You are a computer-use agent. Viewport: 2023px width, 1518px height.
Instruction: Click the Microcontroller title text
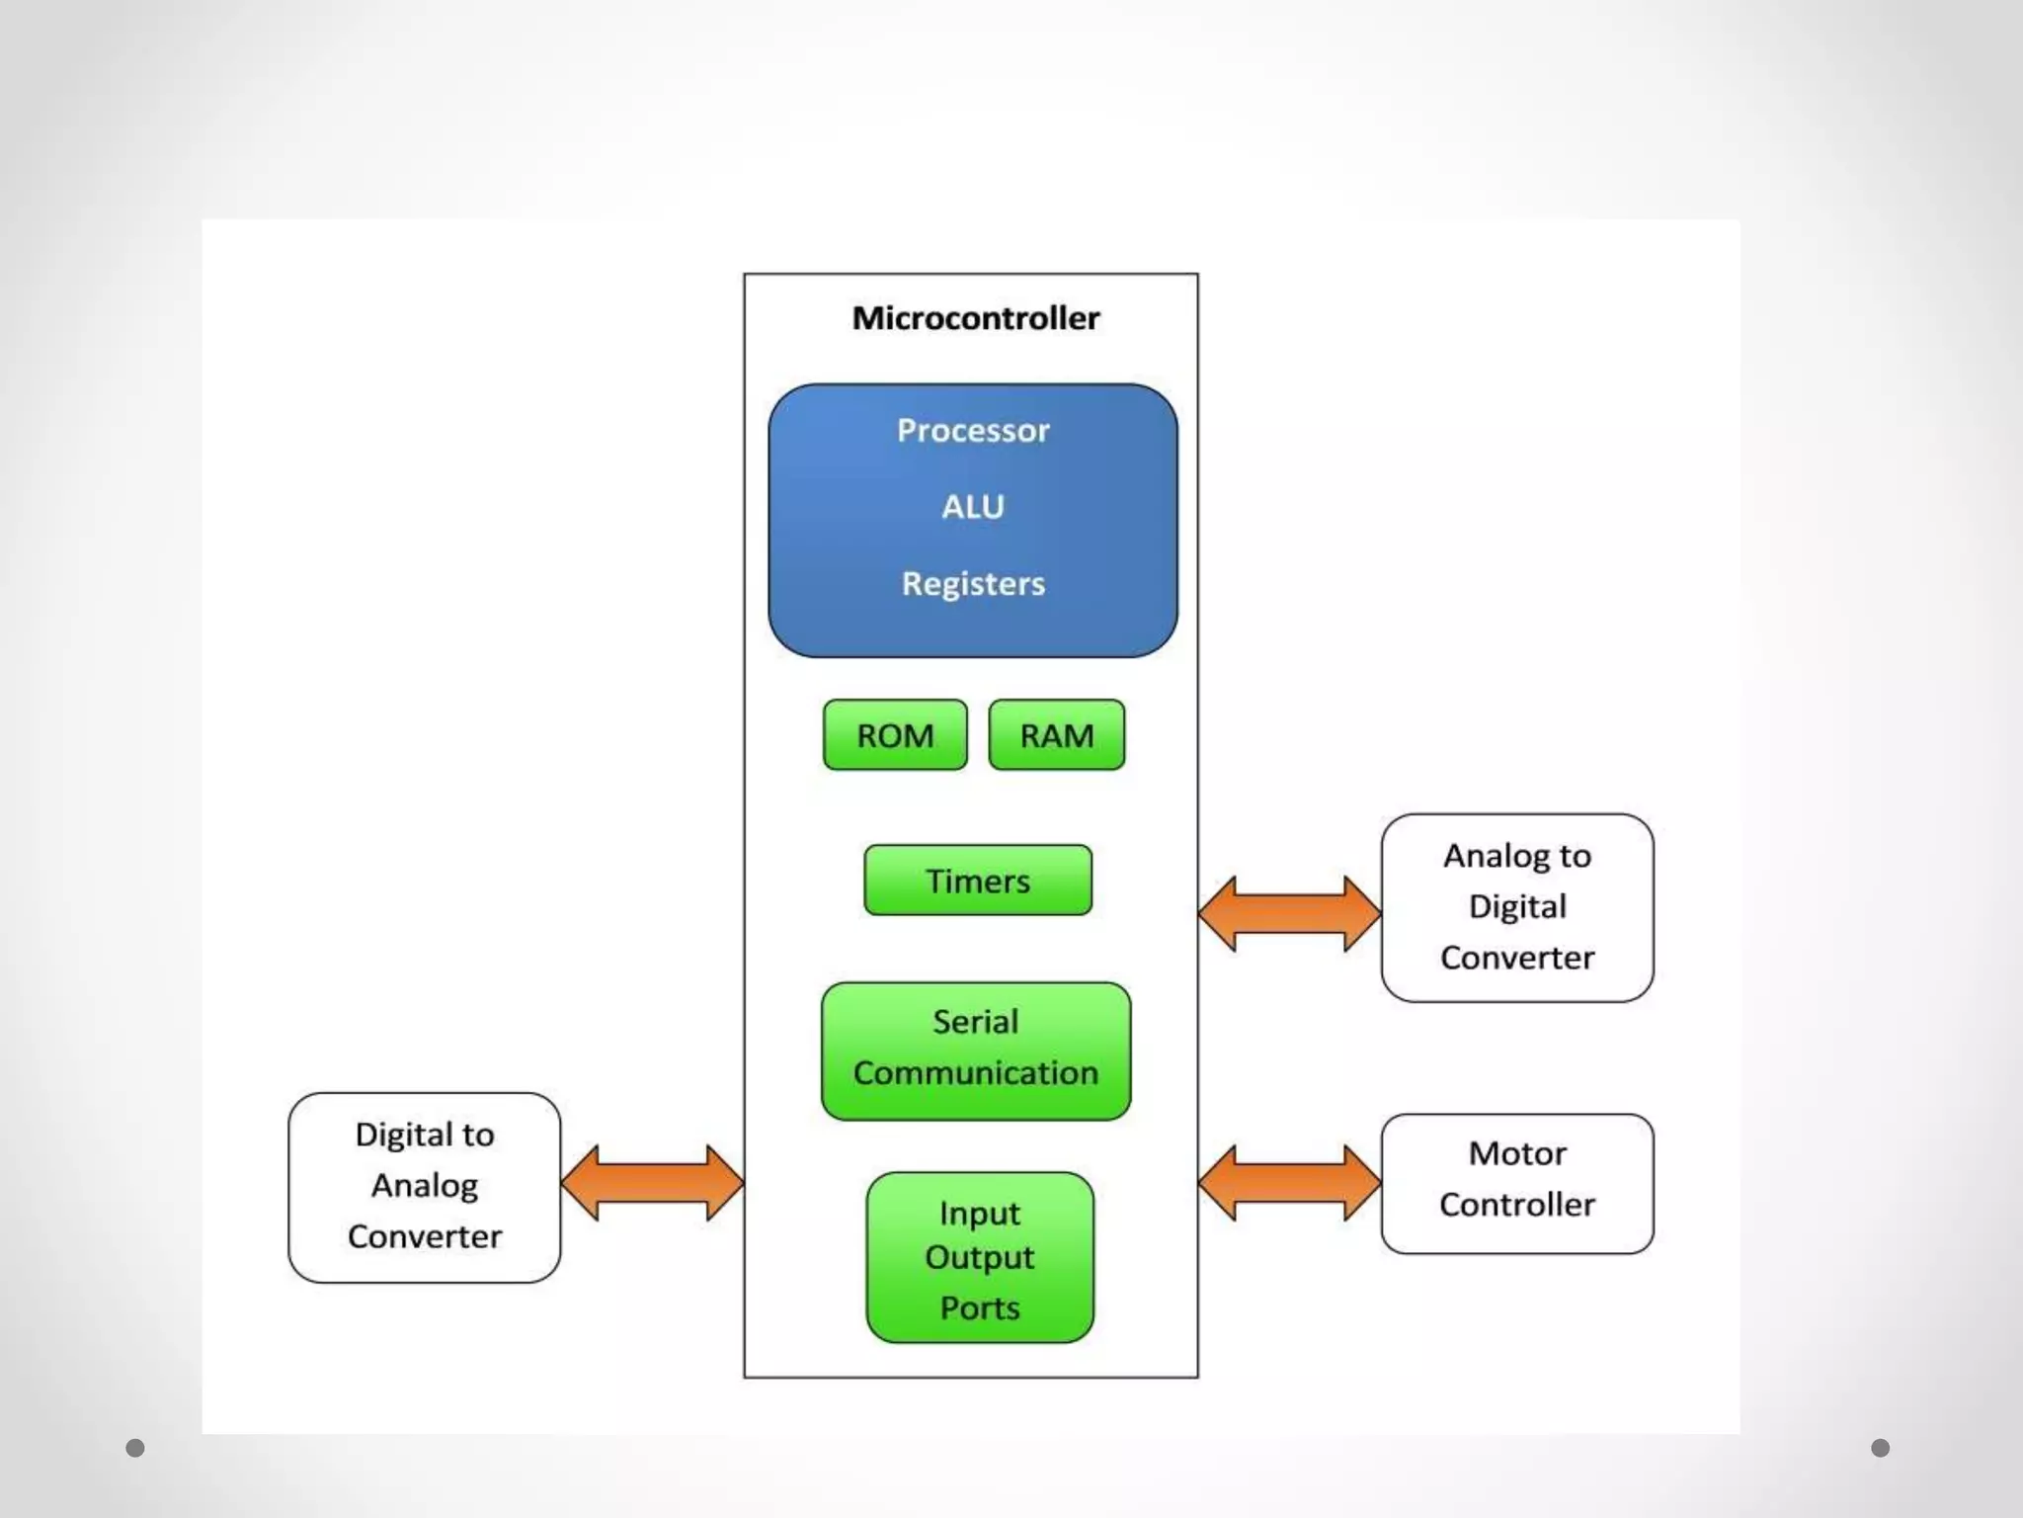coord(975,318)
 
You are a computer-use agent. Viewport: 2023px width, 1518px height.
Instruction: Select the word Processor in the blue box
coord(973,431)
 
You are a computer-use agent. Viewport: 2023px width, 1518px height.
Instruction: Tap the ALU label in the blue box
coord(973,507)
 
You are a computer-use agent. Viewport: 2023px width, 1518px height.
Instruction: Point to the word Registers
coord(973,584)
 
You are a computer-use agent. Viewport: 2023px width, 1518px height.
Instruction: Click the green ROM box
coord(895,735)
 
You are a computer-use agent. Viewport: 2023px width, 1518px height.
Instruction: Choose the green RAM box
coord(1056,735)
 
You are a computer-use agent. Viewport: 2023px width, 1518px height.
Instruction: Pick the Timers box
coord(978,881)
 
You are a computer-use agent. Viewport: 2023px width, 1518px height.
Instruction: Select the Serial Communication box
coord(976,1050)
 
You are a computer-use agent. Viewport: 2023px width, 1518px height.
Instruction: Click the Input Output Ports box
coord(980,1257)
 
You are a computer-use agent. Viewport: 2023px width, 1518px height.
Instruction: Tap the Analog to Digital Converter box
coord(1517,907)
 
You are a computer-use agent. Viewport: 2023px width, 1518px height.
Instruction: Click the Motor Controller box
coord(1517,1183)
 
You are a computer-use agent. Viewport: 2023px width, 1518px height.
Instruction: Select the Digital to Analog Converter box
coord(425,1187)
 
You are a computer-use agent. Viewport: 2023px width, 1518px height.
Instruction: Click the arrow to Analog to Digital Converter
coord(1289,913)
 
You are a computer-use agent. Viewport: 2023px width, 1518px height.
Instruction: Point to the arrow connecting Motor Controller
coord(1289,1182)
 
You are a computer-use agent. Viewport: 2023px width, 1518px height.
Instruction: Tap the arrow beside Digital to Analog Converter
coord(652,1182)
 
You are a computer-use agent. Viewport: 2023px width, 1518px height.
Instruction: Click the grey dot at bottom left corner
coord(135,1448)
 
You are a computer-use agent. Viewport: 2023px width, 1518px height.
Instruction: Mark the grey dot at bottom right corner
coord(1880,1448)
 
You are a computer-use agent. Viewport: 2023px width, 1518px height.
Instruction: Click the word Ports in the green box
coord(980,1308)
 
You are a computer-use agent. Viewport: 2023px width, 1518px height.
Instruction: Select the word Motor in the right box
coord(1517,1153)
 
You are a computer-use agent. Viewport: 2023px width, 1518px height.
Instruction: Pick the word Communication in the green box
coord(976,1073)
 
